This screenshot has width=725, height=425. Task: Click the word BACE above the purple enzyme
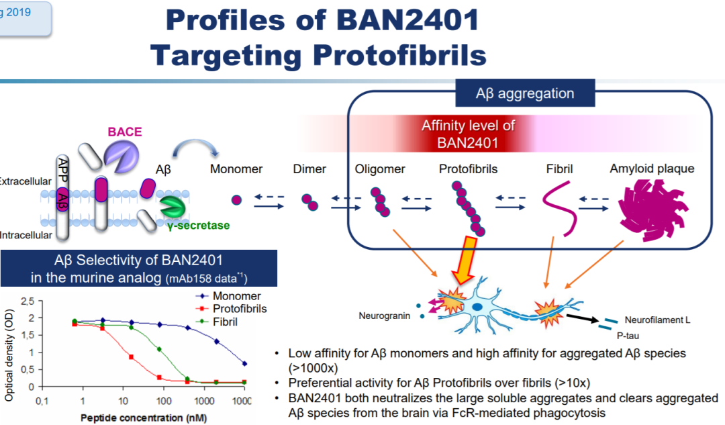point(125,132)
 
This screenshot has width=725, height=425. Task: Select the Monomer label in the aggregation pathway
point(236,169)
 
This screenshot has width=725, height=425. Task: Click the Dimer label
point(309,169)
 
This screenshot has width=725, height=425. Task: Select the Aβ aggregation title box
point(516,94)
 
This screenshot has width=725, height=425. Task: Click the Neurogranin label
point(384,316)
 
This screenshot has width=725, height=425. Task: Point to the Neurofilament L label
point(657,320)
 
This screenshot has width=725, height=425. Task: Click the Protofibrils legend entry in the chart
point(239,309)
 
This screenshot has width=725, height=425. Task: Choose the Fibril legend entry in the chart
point(225,322)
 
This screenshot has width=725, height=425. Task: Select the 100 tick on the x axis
point(162,401)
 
